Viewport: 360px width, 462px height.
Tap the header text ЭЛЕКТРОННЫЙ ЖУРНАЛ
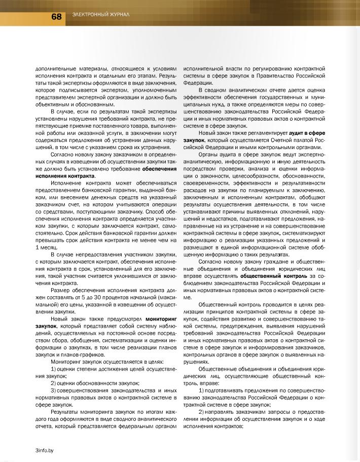click(x=101, y=15)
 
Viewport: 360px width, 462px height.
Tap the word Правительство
click(x=264, y=75)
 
